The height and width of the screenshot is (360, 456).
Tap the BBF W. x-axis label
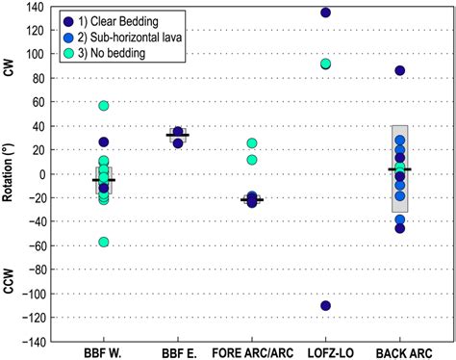[103, 351]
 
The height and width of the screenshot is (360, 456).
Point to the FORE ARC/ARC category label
[251, 351]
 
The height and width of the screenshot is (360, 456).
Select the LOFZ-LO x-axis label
[325, 351]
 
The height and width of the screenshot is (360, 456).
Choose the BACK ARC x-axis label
[399, 351]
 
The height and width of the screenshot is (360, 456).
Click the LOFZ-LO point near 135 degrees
[325, 13]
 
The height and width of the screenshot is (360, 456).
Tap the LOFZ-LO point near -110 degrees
[325, 305]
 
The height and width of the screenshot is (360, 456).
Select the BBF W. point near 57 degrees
[103, 106]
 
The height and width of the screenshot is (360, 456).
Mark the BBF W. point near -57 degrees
[103, 242]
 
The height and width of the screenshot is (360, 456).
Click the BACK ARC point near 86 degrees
[399, 71]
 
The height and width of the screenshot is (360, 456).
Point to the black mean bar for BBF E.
[177, 136]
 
